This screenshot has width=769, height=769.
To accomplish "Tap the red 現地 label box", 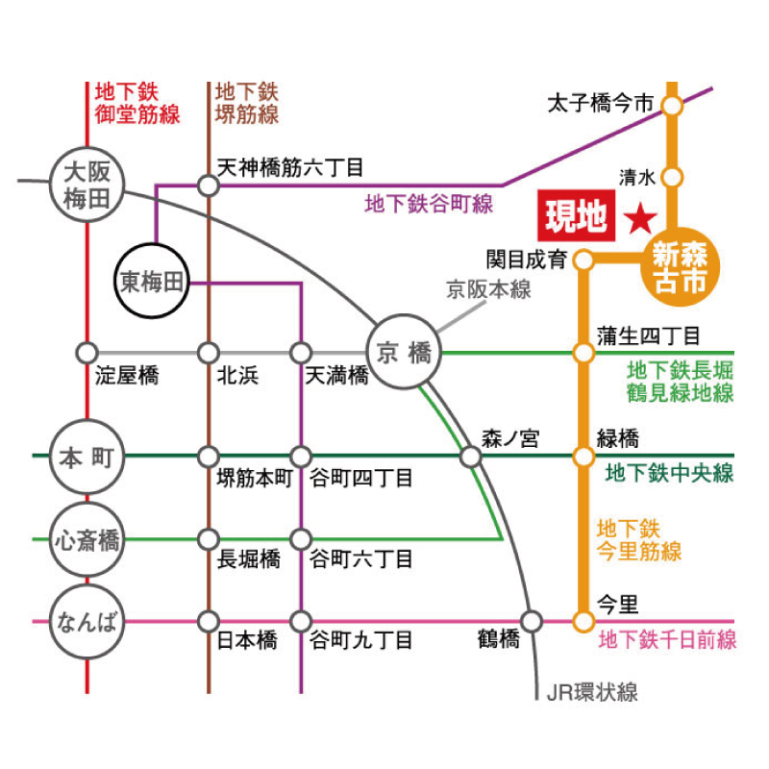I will click(x=576, y=217).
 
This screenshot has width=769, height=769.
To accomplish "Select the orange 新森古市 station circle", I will click(x=679, y=268).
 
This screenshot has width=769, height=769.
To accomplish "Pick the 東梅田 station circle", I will click(x=151, y=283).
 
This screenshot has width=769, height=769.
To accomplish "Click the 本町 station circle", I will click(x=87, y=458).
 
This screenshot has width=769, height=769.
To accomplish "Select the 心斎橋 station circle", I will click(x=87, y=539).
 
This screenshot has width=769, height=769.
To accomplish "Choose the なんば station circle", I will click(x=87, y=621).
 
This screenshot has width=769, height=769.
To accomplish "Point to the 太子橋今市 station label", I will click(x=600, y=103).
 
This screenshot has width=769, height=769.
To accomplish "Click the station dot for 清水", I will click(x=673, y=177).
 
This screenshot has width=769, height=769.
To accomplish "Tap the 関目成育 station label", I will click(x=527, y=260).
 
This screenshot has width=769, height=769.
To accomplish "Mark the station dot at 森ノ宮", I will click(x=471, y=457).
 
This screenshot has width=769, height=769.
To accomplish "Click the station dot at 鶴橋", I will click(x=532, y=621).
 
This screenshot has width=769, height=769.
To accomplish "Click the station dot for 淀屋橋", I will click(x=87, y=353).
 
